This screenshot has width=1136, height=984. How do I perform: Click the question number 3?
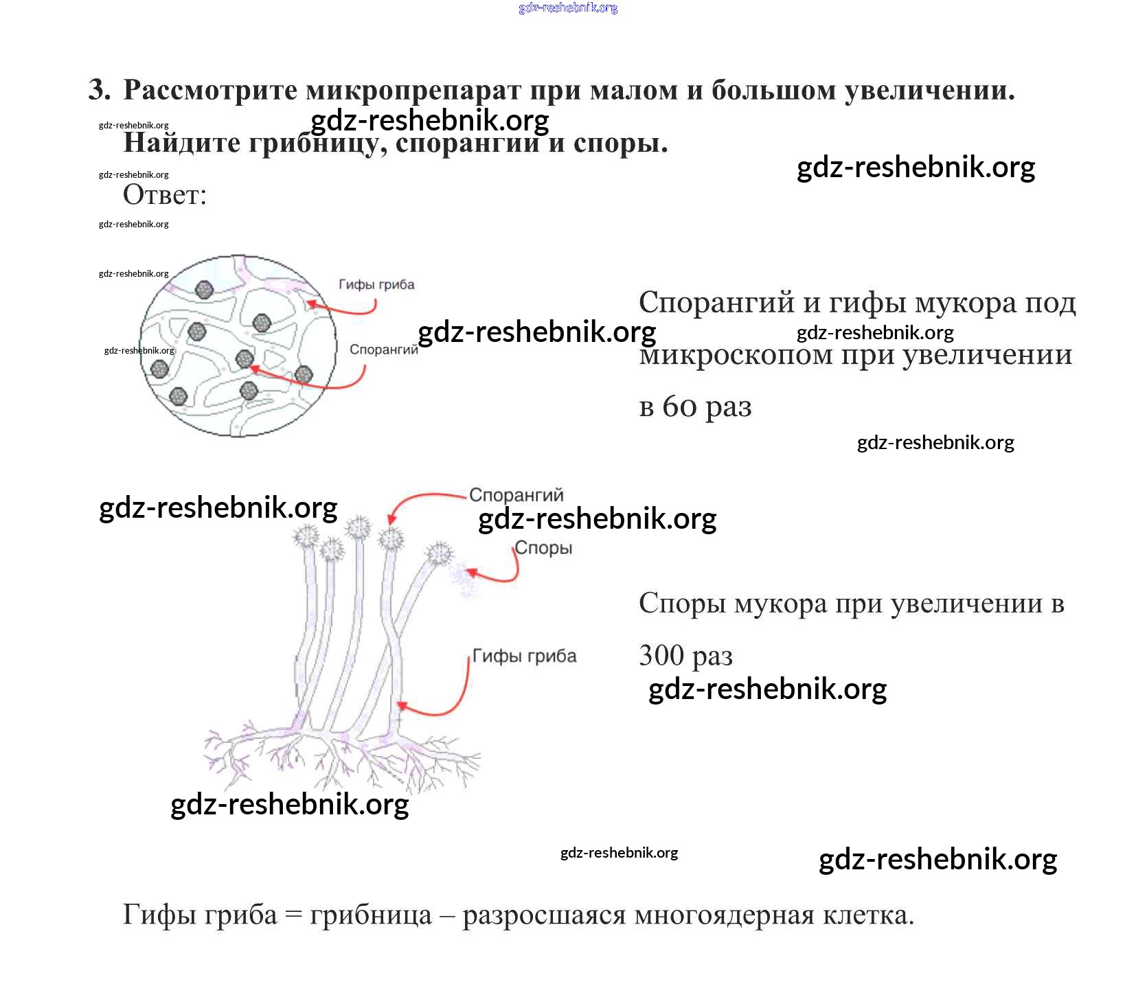click(99, 90)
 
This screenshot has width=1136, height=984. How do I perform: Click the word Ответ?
click(163, 195)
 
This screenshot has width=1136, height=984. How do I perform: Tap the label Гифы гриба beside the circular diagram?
click(376, 284)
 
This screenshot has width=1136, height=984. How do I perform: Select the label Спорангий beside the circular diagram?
click(383, 350)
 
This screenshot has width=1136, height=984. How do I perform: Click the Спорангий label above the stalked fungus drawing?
click(516, 494)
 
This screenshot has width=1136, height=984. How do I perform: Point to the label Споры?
click(543, 548)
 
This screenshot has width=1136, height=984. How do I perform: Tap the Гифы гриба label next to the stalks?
click(525, 656)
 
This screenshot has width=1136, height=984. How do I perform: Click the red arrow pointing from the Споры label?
click(501, 575)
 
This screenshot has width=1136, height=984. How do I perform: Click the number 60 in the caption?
click(679, 407)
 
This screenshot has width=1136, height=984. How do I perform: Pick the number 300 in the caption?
click(661, 655)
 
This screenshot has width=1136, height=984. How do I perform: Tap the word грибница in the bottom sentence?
click(371, 915)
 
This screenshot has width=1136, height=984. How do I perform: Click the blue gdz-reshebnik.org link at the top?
click(568, 8)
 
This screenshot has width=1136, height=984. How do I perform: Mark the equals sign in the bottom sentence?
click(293, 915)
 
